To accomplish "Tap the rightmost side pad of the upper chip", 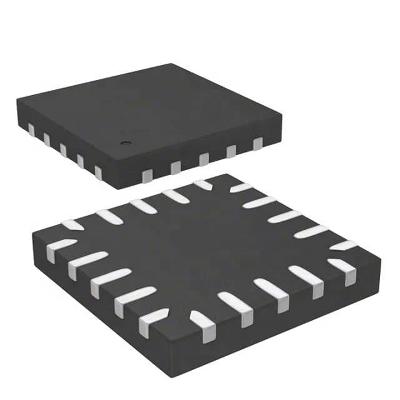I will click(x=257, y=144).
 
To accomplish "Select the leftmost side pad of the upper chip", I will click(x=31, y=130).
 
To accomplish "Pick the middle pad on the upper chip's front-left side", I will click(x=63, y=151).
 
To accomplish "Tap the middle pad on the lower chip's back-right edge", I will click(x=284, y=216).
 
